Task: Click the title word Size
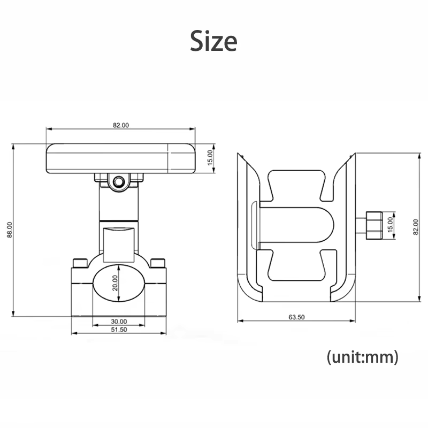coord(213,41)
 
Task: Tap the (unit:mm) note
coord(363,357)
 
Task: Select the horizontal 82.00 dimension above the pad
coord(121,125)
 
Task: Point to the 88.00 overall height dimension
coord(10,230)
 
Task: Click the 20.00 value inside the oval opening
coord(115,283)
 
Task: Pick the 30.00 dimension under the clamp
coord(119,322)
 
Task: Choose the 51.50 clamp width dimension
coord(119,330)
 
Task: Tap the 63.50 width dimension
coord(296,317)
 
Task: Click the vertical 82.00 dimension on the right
coord(416,227)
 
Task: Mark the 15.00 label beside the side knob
coord(390,225)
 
